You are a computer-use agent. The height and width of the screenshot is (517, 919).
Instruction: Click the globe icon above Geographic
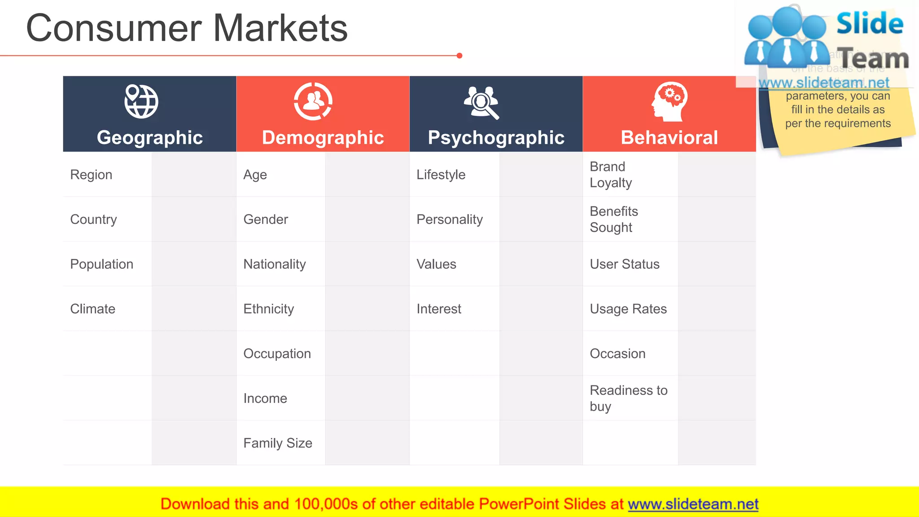[x=141, y=101]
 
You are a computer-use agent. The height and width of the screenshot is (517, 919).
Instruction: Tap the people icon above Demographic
[x=313, y=101]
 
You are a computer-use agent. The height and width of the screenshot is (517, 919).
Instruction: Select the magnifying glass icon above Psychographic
[x=481, y=103]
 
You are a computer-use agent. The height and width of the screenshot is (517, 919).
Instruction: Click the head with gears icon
[x=669, y=102]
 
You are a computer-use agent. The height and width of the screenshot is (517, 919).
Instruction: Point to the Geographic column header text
[x=150, y=137]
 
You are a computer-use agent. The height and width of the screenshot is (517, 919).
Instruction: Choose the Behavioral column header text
[x=669, y=137]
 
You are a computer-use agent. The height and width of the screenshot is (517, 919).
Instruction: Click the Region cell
[x=91, y=175]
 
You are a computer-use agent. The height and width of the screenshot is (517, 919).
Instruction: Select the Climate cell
[x=93, y=309]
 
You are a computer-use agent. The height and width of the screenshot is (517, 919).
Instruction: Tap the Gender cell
[x=266, y=219]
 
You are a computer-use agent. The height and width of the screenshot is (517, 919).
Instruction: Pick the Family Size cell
[x=278, y=443]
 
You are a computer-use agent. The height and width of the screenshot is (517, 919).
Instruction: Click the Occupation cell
[x=277, y=354]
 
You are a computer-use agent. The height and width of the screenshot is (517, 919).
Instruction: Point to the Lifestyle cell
[x=441, y=175]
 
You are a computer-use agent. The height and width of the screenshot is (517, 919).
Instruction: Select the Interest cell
[x=439, y=309]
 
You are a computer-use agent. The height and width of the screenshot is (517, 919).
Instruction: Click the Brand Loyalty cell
[x=611, y=175]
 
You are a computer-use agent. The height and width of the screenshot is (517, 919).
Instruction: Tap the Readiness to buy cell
[x=628, y=398]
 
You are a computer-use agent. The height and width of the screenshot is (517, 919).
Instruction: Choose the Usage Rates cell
[x=628, y=309]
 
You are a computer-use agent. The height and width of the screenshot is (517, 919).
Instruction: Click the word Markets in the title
[x=280, y=28]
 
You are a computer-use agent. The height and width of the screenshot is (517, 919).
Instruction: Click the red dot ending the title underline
[x=459, y=56]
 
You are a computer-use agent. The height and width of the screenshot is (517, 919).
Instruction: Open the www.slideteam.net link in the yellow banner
[x=693, y=504]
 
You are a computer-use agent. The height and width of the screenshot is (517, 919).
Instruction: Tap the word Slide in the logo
[x=870, y=23]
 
